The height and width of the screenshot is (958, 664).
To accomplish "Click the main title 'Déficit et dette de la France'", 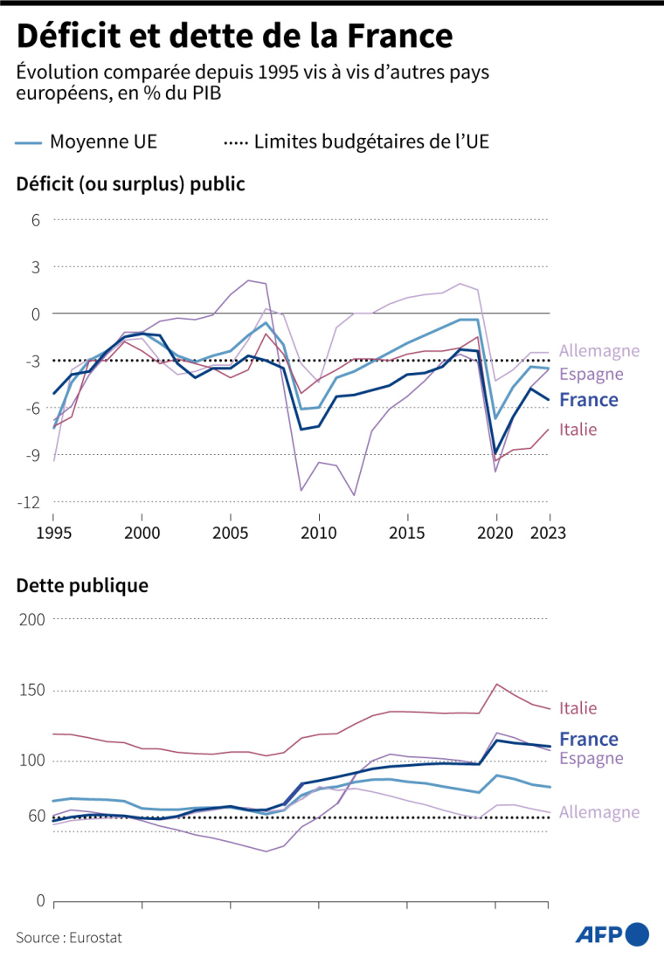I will tap(234, 36).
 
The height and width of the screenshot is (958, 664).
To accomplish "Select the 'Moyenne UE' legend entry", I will tap(87, 141).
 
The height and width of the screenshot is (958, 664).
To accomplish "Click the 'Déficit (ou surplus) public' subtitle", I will tap(130, 184).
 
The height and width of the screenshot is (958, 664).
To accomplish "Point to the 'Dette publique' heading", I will tap(82, 586).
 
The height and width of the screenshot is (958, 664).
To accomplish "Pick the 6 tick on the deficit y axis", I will tap(37, 219).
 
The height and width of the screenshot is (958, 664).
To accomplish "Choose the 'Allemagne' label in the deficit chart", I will tap(599, 351).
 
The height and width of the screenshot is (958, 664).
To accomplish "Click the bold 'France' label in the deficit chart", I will tap(589, 400).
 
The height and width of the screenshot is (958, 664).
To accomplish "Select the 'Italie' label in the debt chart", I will tap(578, 708).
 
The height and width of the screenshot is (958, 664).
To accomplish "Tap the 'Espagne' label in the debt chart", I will tap(591, 759).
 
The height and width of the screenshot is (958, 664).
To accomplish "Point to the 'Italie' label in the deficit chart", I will tap(578, 429).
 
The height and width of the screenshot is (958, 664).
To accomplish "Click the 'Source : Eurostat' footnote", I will tap(69, 937).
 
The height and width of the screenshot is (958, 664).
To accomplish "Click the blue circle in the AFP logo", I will tap(638, 934).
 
